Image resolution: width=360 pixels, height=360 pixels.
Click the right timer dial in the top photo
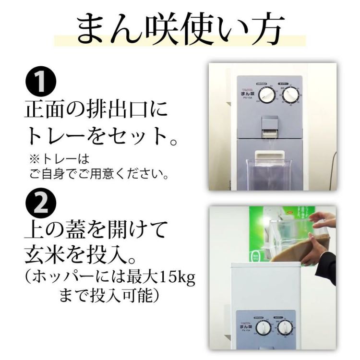coord(290,96)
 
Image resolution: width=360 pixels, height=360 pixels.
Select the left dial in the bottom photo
coord(264,329)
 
